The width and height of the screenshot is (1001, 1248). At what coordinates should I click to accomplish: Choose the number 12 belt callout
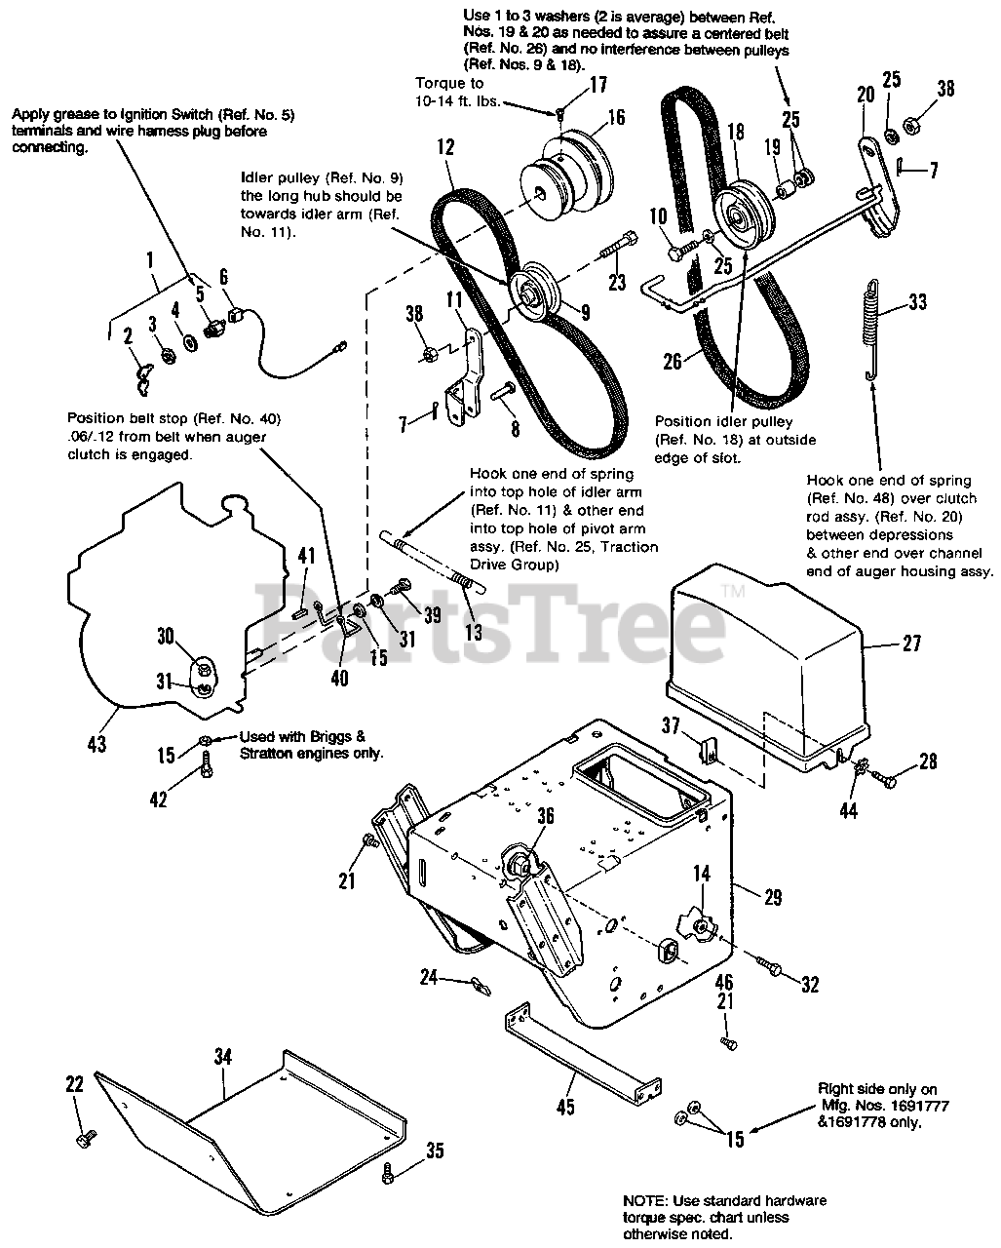pos(445,148)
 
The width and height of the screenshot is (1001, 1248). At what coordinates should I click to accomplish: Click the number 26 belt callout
pos(673,363)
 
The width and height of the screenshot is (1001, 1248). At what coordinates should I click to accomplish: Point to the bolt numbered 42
pos(207,767)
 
